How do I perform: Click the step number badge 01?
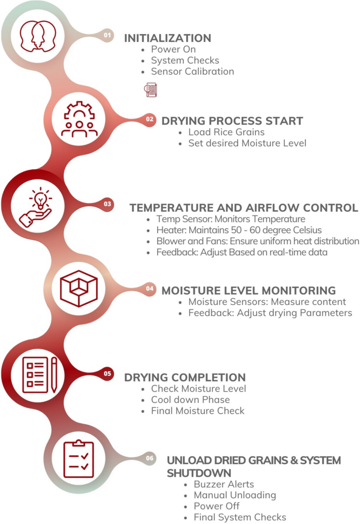coord(108,35)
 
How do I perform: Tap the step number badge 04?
coord(150,288)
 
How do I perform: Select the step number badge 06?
coord(150,458)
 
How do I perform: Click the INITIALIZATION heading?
coord(167,38)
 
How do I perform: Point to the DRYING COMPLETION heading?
coord(184,378)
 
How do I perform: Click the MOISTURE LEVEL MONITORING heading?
coord(248,290)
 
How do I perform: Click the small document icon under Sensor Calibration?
coord(151,90)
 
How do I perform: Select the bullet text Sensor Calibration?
coord(192,71)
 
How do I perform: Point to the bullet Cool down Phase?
coord(190,400)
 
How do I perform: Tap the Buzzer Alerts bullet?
coord(224,484)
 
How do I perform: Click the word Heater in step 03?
coord(170,230)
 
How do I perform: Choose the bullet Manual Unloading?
coord(234,495)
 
